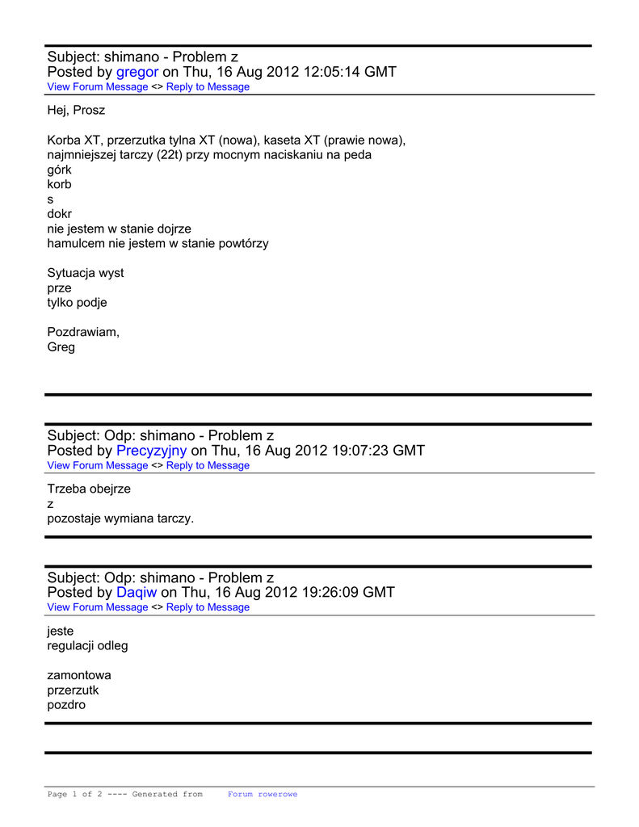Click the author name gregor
tap(137, 72)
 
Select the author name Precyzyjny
tap(151, 451)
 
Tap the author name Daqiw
tap(137, 592)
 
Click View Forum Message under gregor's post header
tap(98, 87)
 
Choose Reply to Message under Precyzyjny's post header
tap(208, 465)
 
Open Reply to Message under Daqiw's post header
tap(208, 607)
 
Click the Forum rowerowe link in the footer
tap(263, 795)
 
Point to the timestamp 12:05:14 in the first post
tap(331, 72)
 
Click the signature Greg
tap(61, 347)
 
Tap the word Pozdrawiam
tap(83, 332)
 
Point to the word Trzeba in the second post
tap(67, 489)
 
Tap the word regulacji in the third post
tap(72, 646)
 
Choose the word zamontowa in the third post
tap(79, 675)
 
